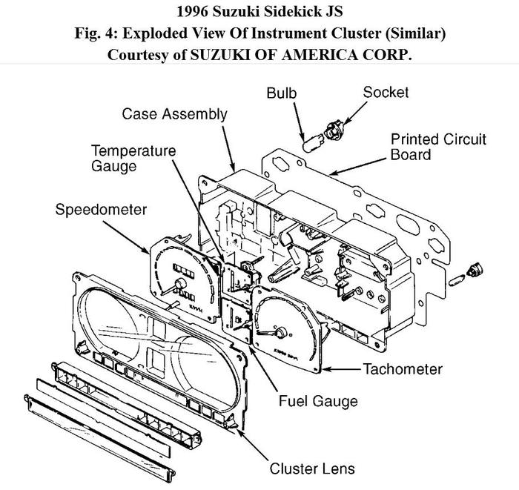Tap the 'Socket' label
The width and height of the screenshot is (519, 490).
tap(386, 93)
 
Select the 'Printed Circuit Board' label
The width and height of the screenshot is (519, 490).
tap(438, 147)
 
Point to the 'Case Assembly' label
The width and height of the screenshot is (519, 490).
tap(174, 114)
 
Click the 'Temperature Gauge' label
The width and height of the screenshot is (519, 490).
tap(133, 158)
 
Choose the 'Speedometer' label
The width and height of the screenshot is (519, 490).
tap(101, 210)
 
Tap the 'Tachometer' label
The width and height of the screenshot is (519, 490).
tap(402, 368)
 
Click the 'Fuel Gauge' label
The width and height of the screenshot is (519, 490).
tap(318, 401)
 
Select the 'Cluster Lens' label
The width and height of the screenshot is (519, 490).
tap(312, 468)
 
